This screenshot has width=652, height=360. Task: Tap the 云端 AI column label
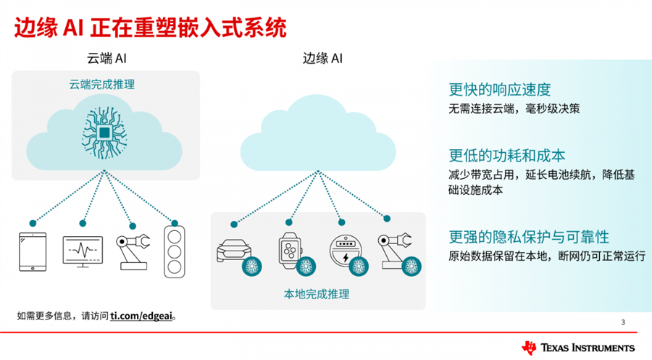point(106,58)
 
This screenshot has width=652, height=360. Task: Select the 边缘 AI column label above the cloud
point(322,58)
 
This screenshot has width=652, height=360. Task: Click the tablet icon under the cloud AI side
point(33,251)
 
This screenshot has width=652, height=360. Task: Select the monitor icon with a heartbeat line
point(83,251)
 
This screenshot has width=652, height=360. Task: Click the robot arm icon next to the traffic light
point(132,250)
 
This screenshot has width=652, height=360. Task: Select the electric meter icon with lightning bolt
point(344,250)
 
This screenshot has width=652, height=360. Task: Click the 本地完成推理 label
point(317,294)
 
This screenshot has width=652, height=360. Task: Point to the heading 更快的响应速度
point(500,90)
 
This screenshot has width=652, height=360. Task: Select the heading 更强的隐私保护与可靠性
point(529,237)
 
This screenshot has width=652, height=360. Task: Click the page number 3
point(623,322)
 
